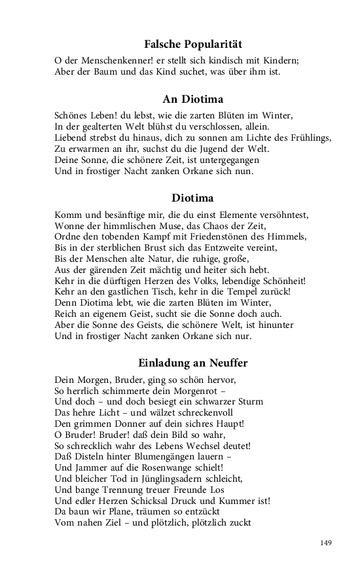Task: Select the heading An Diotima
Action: (x=193, y=99)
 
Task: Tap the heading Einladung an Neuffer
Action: (x=193, y=363)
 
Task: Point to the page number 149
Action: (x=327, y=543)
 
